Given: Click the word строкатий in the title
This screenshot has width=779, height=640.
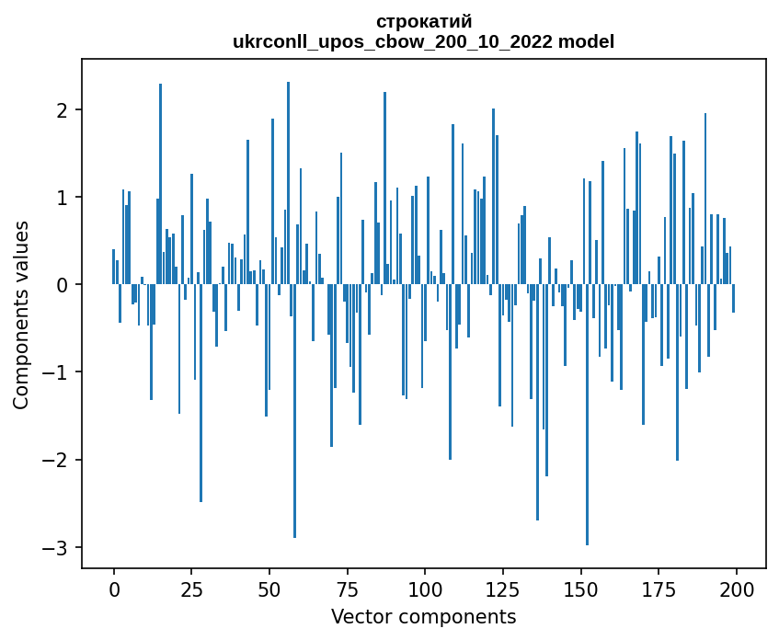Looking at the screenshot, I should pyautogui.click(x=424, y=21).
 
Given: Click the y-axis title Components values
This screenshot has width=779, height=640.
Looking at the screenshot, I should pyautogui.click(x=21, y=314).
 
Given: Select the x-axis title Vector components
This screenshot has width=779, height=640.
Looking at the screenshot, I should pyautogui.click(x=424, y=616).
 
